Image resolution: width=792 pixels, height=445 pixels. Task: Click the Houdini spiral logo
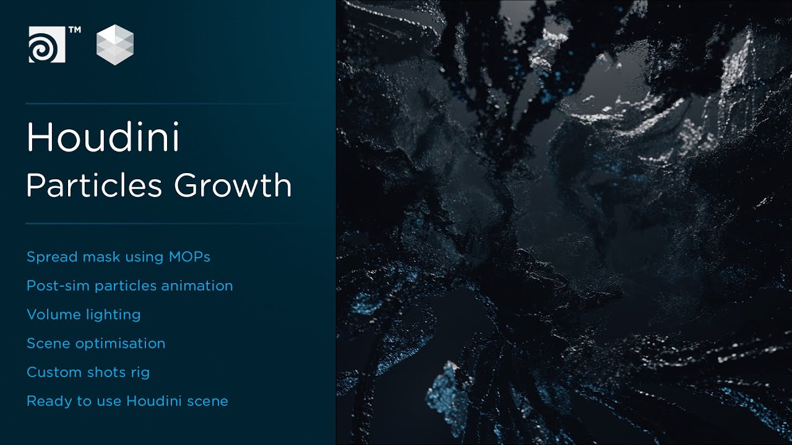(x=46, y=44)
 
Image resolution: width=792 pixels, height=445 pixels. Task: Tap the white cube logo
(x=115, y=44)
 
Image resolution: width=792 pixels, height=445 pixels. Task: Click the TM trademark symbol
(x=74, y=30)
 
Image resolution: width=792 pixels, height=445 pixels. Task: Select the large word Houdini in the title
(x=103, y=138)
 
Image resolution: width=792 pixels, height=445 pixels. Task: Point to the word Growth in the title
(x=233, y=185)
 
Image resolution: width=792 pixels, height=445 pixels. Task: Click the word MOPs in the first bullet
(x=189, y=256)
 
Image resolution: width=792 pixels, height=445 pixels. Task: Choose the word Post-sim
(x=58, y=286)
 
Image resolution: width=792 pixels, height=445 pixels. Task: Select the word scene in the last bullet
(x=209, y=401)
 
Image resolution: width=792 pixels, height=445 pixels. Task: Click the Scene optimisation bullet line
(x=96, y=344)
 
